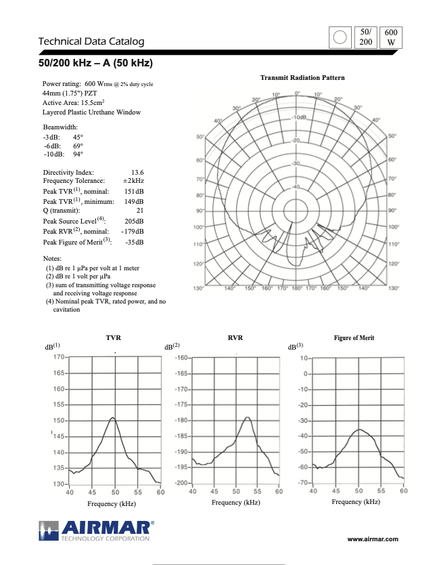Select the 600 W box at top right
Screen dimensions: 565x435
tap(390, 38)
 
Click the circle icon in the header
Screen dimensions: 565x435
tap(341, 38)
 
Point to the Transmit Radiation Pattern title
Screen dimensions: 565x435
tap(302, 78)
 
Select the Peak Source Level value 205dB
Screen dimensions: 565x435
tap(134, 221)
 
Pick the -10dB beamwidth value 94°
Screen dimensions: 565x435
tap(78, 154)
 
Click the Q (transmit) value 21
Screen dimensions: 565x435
tap(139, 211)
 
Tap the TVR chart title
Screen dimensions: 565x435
tap(114, 337)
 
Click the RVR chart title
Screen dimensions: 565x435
tap(235, 337)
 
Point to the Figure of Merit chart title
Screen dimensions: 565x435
tap(354, 337)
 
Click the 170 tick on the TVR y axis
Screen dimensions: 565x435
tap(59, 356)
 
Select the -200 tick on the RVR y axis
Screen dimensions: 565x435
tap(181, 483)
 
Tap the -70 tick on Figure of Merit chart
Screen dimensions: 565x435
tap(302, 482)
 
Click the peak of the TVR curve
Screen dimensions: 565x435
tap(112, 417)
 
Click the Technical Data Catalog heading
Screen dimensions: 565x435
tap(91, 41)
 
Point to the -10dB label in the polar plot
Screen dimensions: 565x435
tap(298, 117)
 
